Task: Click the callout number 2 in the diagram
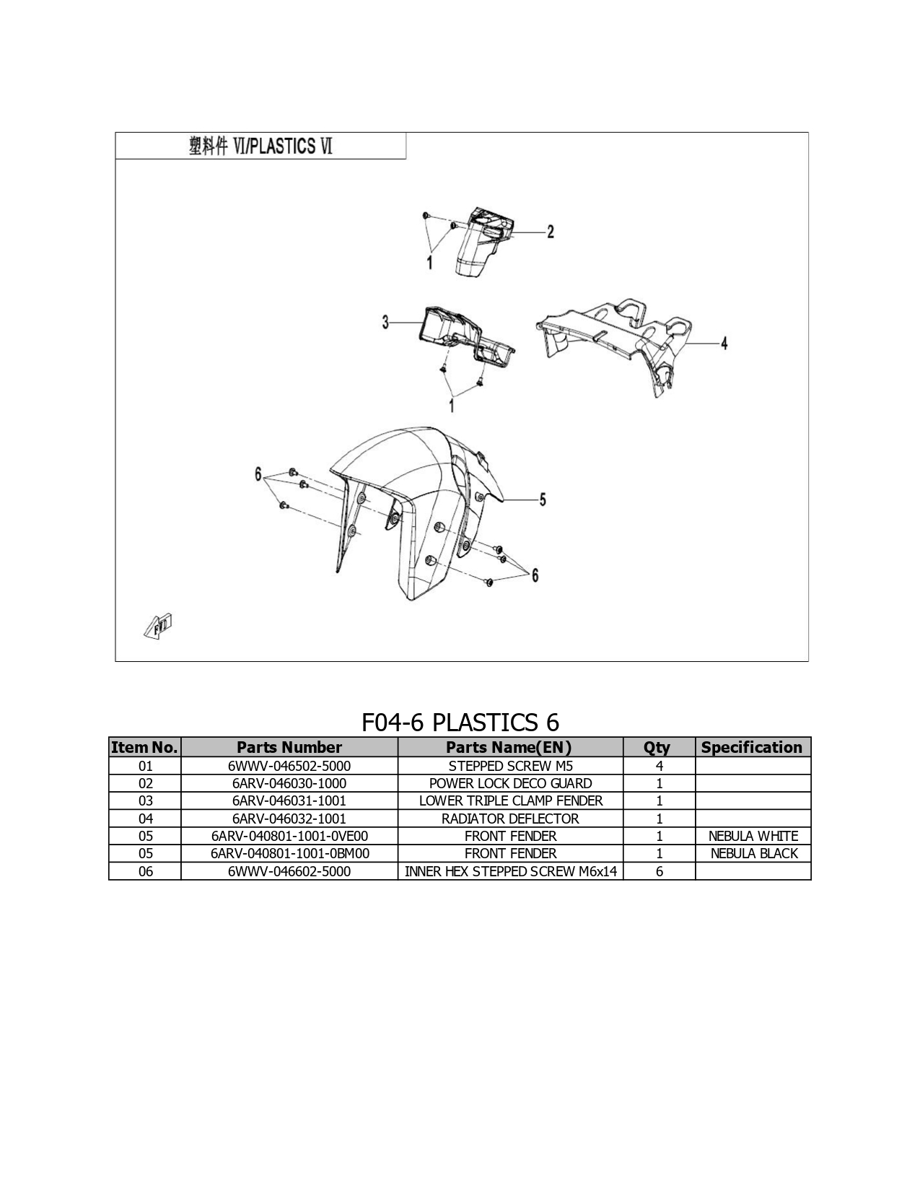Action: coord(550,232)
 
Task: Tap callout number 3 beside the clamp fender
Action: coord(386,322)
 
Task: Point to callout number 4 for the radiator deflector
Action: coord(724,344)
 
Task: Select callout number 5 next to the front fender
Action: coord(543,499)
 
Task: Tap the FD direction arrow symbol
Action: coord(159,626)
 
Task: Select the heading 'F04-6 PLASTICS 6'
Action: coord(460,722)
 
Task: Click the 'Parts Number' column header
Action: coord(289,747)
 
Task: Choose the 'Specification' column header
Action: coord(752,747)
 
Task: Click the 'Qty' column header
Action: coord(657,748)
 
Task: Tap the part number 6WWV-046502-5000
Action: coord(289,766)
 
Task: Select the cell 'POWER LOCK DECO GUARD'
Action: coord(511,783)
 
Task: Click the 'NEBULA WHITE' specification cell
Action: coord(753,836)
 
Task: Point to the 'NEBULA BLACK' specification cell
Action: coord(754,853)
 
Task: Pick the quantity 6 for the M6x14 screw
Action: coord(660,871)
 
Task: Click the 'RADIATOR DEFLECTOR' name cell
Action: coord(510,819)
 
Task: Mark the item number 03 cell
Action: coord(146,800)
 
